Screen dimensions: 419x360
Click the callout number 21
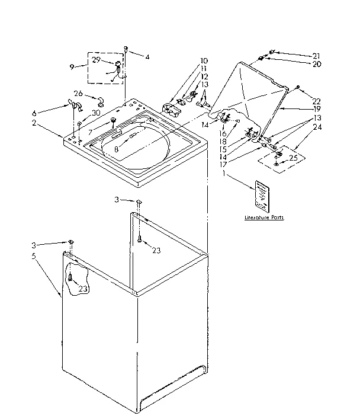316,55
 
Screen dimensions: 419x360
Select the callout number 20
317,63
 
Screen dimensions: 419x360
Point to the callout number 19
317,110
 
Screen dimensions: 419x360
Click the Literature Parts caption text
264,218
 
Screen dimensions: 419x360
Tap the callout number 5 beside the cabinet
34,256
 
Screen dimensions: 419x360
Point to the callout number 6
34,113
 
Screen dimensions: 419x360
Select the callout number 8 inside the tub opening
117,150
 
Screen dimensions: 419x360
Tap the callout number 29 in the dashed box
95,60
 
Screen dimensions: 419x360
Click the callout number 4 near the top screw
147,57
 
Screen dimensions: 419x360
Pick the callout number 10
204,60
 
